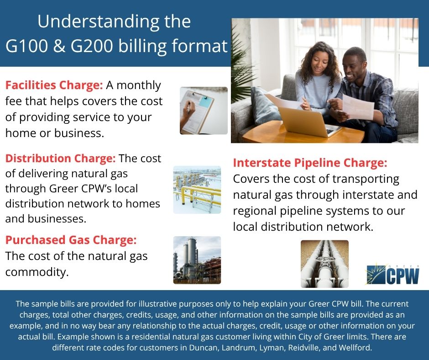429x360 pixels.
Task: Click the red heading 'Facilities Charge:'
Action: click(x=54, y=85)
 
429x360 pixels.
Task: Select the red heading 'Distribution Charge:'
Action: click(x=60, y=159)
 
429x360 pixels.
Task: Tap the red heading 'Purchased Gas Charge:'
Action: click(x=71, y=240)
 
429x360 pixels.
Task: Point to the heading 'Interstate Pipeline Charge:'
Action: click(x=310, y=163)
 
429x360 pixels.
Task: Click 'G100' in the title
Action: click(x=27, y=46)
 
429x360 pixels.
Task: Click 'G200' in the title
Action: click(x=92, y=46)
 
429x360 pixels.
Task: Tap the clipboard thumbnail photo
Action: click(x=204, y=111)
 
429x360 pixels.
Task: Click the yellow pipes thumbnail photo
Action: click(x=197, y=190)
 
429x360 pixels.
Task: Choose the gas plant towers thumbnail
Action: click(x=197, y=260)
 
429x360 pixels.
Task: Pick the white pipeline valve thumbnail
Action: click(x=324, y=264)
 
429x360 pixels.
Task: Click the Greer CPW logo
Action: click(x=393, y=275)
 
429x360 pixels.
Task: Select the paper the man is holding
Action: click(x=358, y=107)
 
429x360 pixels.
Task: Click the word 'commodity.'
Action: click(x=37, y=272)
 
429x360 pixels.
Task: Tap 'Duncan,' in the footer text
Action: click(x=204, y=348)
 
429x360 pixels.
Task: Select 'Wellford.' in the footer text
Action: click(x=356, y=348)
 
